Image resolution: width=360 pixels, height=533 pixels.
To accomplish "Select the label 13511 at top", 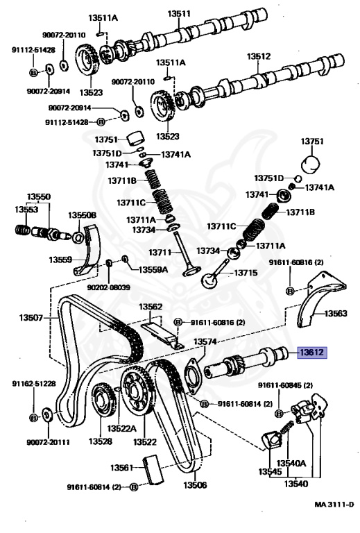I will coord(182,12).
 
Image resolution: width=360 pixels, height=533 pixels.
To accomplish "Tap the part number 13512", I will coord(259,56).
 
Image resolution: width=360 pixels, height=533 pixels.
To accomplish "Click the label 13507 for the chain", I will coord(31,319).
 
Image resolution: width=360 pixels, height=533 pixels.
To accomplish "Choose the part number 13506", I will coord(196,485).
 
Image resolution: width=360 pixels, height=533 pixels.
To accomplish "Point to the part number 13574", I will coord(205,341).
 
